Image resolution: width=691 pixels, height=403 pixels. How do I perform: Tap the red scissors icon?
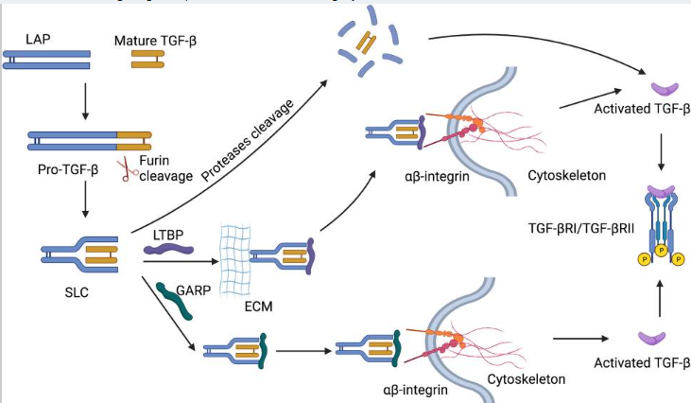124,170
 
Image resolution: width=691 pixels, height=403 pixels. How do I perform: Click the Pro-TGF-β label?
61,168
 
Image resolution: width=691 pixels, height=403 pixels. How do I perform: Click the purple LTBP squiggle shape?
167,250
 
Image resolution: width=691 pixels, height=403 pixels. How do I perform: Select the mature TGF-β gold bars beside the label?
147,59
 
